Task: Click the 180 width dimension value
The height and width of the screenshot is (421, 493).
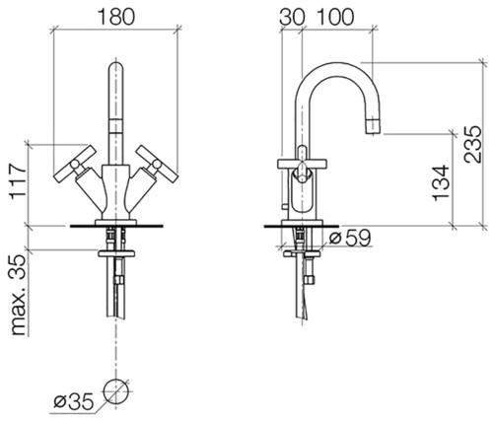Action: point(116,17)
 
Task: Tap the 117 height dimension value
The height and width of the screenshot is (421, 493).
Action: point(18,181)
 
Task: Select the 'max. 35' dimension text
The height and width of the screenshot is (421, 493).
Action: point(19,295)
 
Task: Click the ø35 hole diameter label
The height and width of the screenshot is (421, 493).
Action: point(74,401)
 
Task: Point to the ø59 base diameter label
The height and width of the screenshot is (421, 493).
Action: point(350,238)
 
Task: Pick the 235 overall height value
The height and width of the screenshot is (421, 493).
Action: point(472,144)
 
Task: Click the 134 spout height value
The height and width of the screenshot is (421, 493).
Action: point(441,183)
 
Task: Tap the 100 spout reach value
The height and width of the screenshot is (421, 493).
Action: point(336,17)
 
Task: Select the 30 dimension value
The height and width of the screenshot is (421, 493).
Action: point(291,17)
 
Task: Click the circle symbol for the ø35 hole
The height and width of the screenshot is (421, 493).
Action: point(115,390)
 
